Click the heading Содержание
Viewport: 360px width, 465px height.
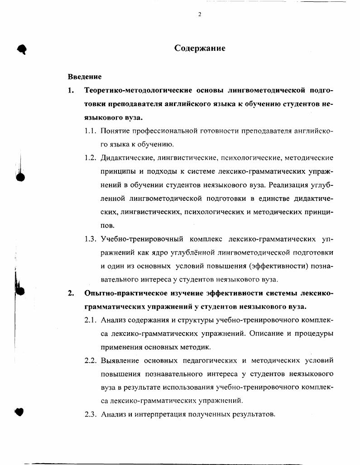pos(200,48)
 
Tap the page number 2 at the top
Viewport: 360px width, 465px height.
pos(199,14)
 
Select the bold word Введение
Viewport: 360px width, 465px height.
pos(85,77)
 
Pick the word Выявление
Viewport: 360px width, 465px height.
pos(120,360)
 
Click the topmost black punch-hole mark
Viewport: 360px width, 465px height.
pos(21,49)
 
